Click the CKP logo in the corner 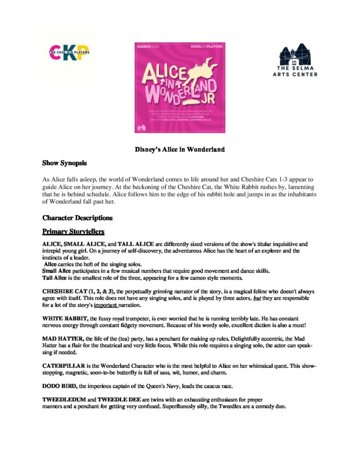69,53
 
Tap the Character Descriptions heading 77,218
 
